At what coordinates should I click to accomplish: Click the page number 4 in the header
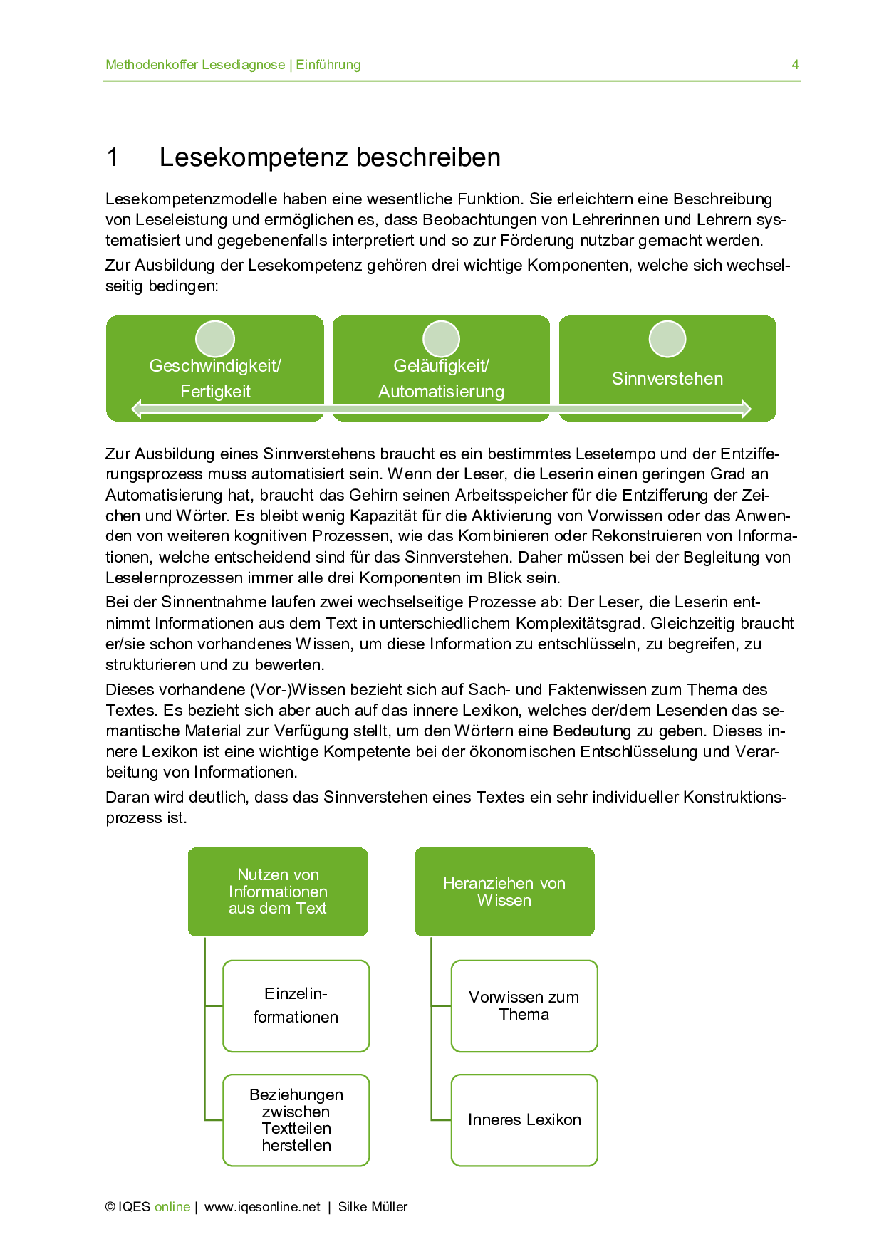[795, 65]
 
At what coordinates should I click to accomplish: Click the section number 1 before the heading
[113, 157]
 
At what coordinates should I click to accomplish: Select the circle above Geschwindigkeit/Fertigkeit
[215, 339]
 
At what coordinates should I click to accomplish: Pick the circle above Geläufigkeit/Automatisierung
[442, 339]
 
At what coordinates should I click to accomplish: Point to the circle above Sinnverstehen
[667, 339]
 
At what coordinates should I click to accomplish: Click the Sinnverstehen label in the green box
[667, 379]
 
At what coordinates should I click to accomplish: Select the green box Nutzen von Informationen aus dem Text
[278, 892]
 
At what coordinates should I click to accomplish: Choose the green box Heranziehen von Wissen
[504, 892]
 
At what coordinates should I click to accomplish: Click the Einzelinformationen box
[296, 1005]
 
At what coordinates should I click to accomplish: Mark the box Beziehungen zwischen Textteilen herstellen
[296, 1119]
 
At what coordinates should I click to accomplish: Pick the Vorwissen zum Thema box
[524, 1005]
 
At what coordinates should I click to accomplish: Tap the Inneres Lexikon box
[524, 1119]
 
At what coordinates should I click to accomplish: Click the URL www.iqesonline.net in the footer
[262, 1207]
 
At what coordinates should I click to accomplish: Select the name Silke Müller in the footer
[373, 1207]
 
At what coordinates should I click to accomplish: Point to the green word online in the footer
[172, 1207]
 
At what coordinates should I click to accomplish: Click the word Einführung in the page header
[328, 65]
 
